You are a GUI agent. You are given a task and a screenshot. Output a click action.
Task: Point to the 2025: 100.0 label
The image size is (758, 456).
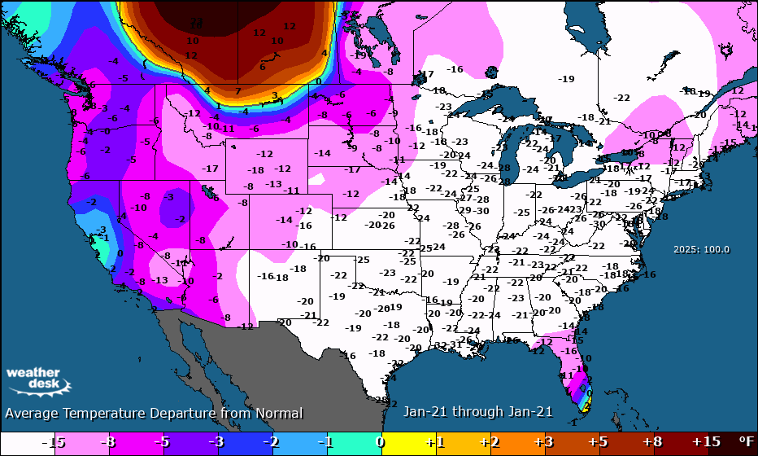click(x=701, y=250)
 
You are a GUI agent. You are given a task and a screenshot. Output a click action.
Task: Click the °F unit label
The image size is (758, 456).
click(x=744, y=441)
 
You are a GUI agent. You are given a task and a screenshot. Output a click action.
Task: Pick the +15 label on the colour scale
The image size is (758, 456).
click(x=708, y=441)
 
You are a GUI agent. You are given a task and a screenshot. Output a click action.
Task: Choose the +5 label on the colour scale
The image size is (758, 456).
click(x=599, y=441)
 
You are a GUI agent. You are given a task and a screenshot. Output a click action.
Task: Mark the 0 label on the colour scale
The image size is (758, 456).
click(x=380, y=441)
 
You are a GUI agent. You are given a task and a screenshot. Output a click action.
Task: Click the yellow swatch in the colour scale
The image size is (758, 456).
click(x=407, y=441)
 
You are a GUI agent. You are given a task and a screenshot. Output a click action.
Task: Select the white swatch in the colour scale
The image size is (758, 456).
click(x=24, y=441)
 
